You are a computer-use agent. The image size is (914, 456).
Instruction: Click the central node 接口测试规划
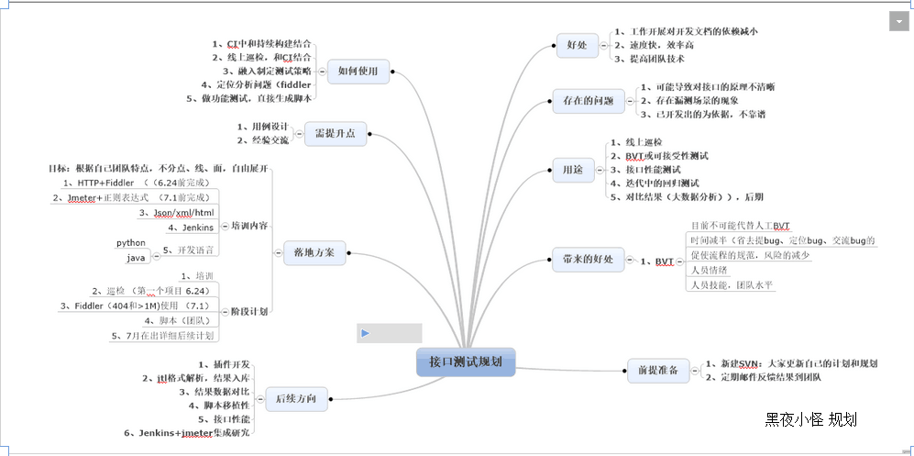466,361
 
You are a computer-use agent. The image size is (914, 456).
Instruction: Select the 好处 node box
578,44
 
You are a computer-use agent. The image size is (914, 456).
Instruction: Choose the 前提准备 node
657,371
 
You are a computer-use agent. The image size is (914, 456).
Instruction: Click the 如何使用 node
358,70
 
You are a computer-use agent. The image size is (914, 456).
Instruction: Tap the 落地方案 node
314,251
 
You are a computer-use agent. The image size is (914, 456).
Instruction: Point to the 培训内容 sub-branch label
248,225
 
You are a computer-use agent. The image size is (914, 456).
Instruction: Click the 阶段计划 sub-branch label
248,311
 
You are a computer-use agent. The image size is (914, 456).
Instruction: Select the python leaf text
131,242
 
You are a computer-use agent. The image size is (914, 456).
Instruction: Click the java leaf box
136,257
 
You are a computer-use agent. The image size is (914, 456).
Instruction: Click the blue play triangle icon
365,333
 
